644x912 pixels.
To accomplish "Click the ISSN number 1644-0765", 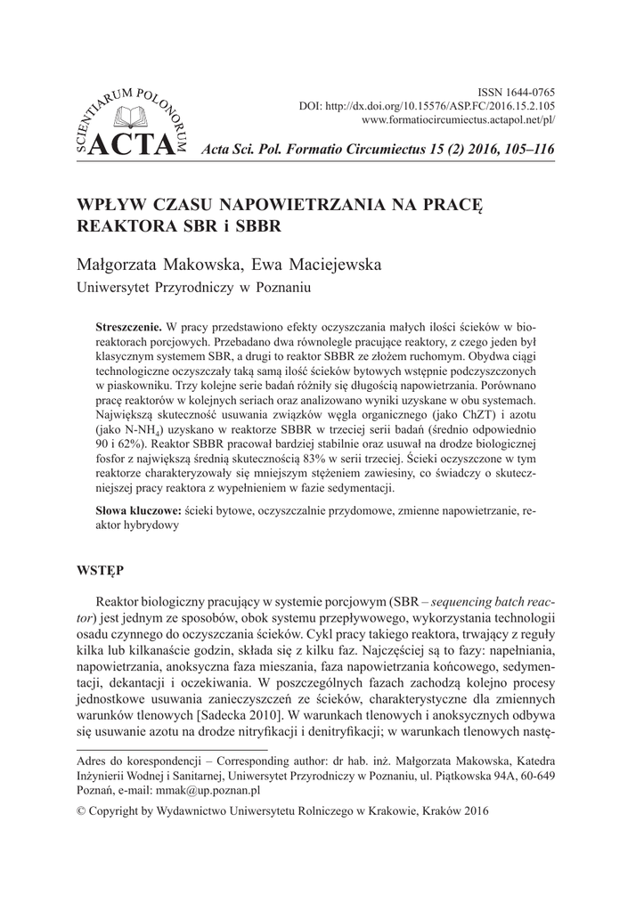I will pos(532,92).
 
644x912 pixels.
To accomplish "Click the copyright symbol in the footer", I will pos(84,811).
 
